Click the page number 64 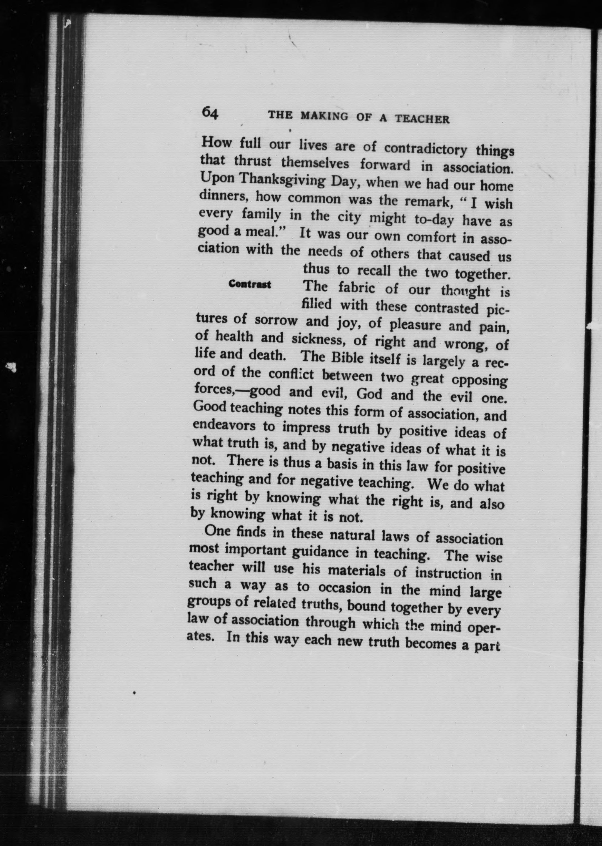click(x=210, y=113)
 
